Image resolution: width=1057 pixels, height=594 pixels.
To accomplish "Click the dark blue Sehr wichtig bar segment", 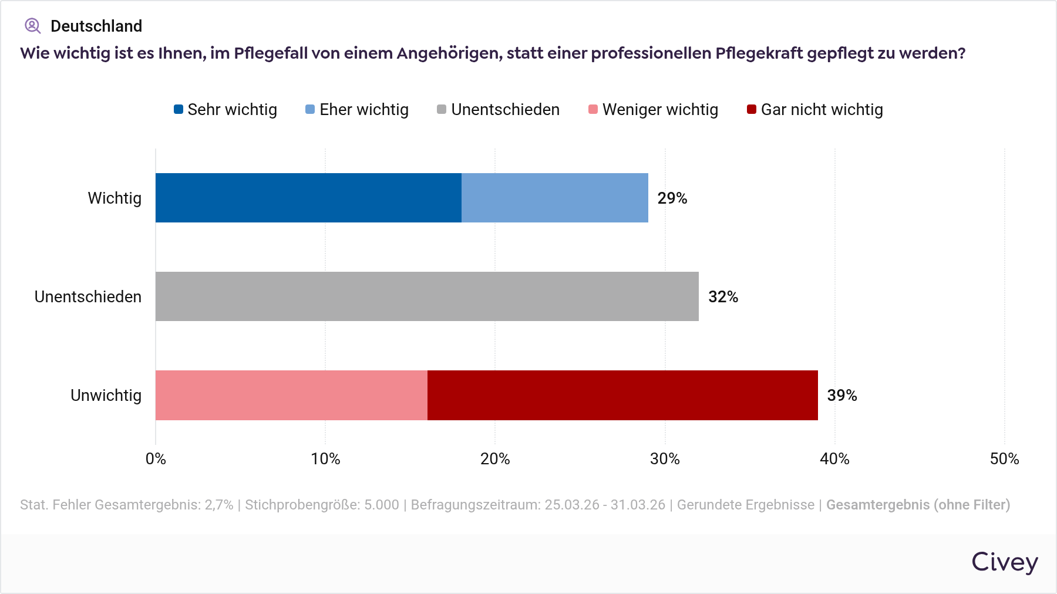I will [308, 198].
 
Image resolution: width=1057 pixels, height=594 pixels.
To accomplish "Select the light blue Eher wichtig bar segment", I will [555, 198].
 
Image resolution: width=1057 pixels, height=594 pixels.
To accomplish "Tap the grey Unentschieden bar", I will [427, 296].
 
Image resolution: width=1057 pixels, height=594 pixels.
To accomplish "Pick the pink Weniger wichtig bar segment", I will [291, 395].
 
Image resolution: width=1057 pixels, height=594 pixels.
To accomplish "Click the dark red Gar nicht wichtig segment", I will [622, 395].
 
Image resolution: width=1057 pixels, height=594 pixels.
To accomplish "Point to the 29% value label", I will [672, 198].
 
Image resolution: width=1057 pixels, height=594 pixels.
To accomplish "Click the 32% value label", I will [723, 297].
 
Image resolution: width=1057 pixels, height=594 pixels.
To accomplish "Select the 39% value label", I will [842, 396].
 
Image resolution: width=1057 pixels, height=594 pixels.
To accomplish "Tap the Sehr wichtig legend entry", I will [226, 110].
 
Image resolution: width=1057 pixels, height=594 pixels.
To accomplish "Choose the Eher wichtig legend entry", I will [358, 110].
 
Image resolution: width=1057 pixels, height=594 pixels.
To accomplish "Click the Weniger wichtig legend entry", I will [654, 110].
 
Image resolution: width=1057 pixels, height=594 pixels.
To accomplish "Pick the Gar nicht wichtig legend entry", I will [815, 110].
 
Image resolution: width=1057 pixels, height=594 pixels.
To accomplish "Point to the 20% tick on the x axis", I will [495, 459].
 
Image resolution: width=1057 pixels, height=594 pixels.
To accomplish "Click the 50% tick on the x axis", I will [1004, 459].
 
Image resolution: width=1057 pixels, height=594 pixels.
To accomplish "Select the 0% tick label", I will [156, 459].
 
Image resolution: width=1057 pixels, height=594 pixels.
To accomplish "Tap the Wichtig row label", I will [115, 198].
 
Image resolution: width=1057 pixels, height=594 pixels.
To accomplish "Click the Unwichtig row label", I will [106, 396].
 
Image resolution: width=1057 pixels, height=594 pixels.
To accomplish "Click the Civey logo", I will [1004, 562].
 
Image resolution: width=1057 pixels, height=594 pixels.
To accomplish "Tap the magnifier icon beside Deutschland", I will [32, 26].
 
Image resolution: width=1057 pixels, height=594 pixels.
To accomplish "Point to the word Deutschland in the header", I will [96, 26].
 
